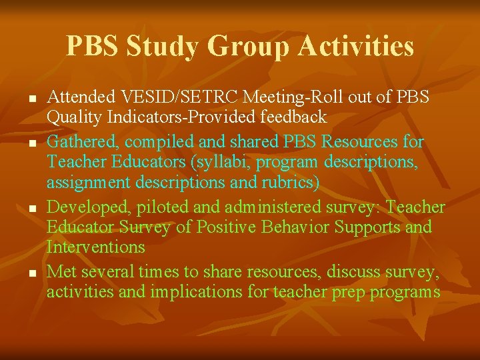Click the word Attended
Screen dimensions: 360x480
(81, 98)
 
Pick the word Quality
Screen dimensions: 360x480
(73, 117)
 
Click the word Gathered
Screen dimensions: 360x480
(81, 143)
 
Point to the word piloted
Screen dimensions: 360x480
(164, 207)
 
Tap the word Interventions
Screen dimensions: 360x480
(96, 247)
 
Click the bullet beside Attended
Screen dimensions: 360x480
(31, 99)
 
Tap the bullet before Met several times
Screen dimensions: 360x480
(31, 273)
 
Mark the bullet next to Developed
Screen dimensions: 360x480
(31, 209)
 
